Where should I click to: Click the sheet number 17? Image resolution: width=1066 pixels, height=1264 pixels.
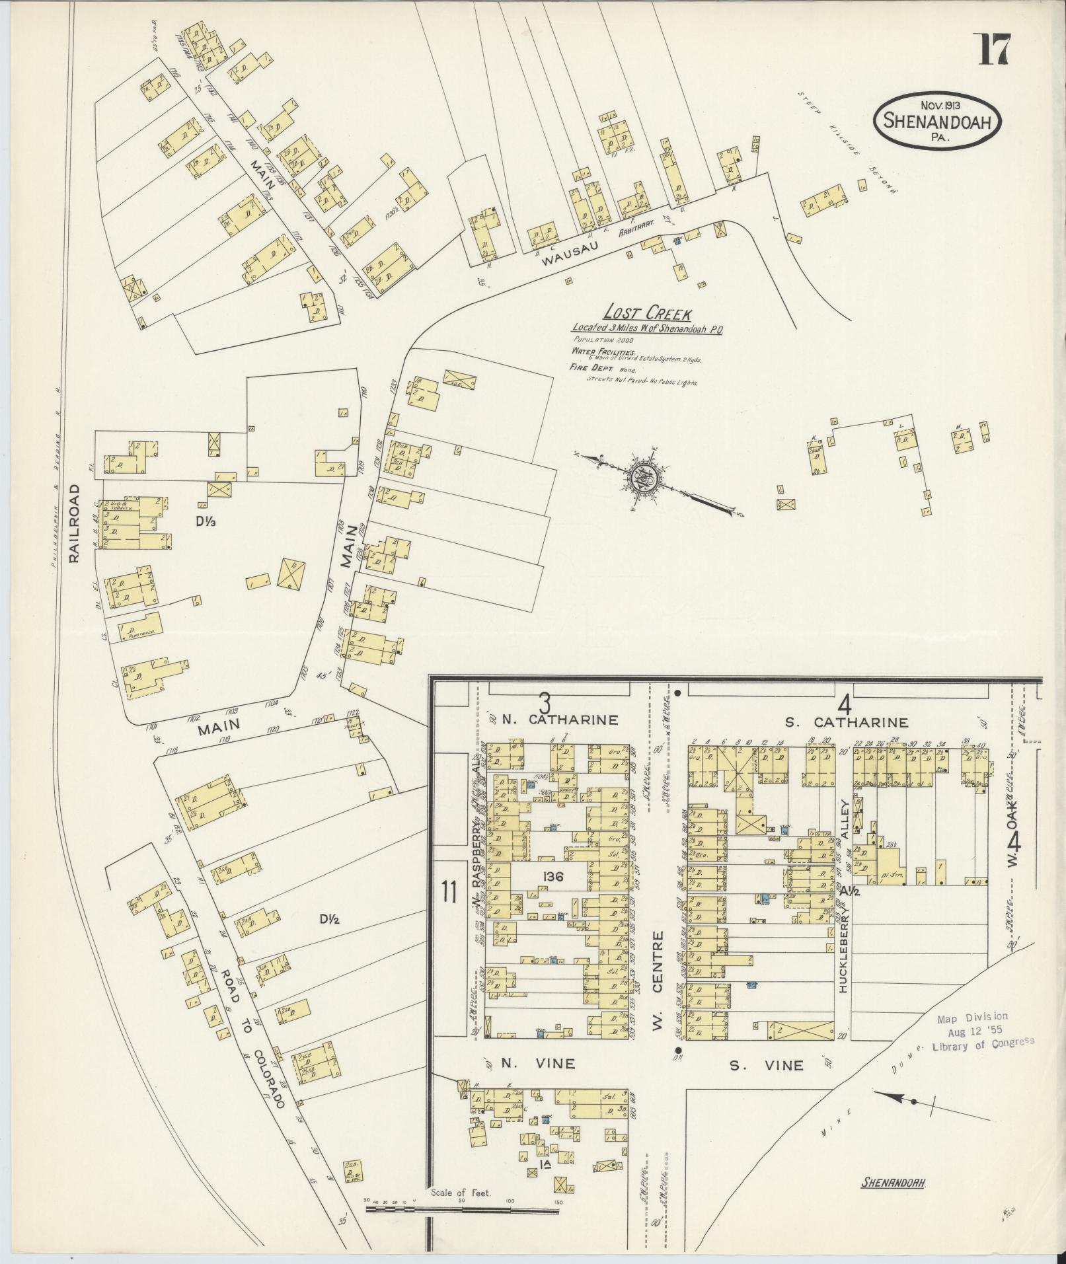[993, 50]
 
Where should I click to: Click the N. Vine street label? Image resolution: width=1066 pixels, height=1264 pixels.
[537, 1064]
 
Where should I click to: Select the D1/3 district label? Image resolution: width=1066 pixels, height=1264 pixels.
[206, 520]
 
